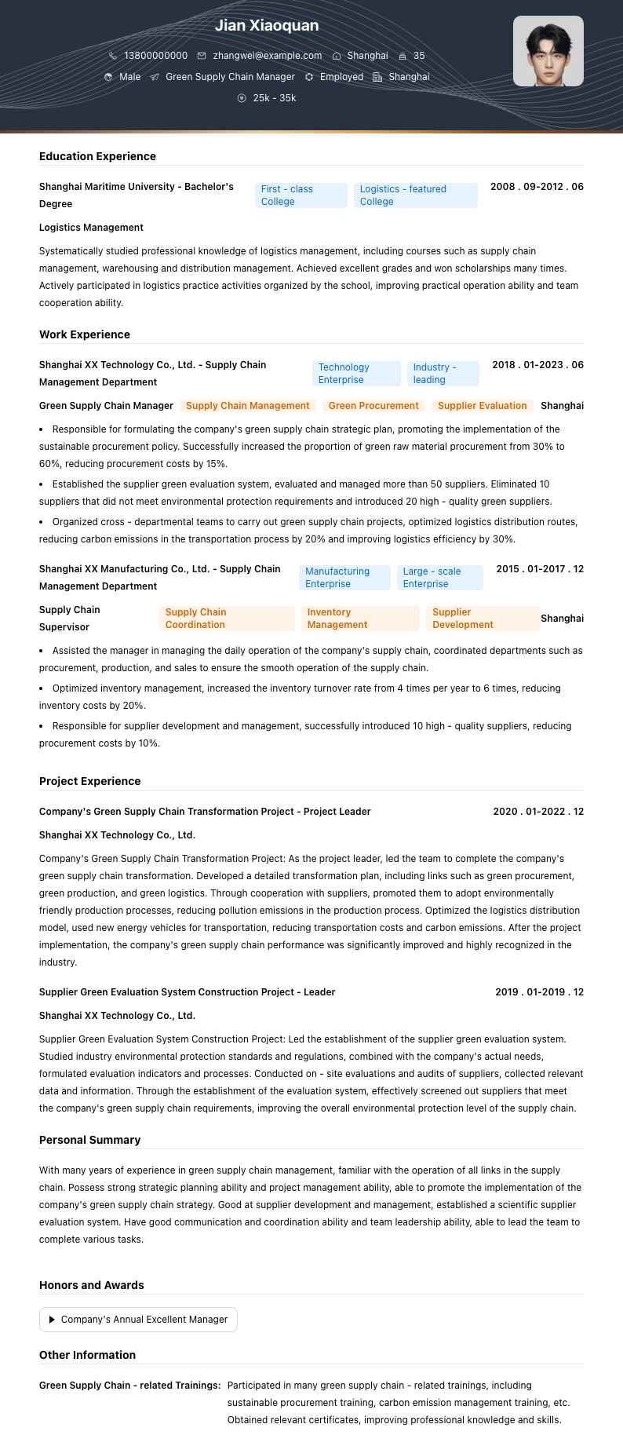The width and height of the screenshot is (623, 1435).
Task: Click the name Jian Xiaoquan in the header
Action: tap(267, 26)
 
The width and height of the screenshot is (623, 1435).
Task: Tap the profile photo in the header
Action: tap(548, 51)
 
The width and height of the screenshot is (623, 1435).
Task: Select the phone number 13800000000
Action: tap(155, 56)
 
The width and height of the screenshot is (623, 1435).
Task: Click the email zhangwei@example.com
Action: tap(267, 56)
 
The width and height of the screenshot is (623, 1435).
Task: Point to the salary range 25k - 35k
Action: tap(274, 98)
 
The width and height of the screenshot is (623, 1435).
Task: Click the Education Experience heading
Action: tap(97, 156)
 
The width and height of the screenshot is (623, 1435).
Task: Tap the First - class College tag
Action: tap(301, 195)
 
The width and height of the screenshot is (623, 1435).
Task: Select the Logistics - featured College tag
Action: tap(415, 195)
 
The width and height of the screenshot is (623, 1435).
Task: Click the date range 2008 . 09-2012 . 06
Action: tap(537, 187)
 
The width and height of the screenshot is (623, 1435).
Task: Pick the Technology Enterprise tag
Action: tap(355, 374)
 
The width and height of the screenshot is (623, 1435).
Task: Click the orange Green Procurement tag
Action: tap(373, 406)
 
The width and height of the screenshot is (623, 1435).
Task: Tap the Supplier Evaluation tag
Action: tap(482, 406)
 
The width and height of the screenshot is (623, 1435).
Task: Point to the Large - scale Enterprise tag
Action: tap(439, 578)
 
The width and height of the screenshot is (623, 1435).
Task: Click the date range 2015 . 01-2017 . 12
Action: tap(540, 569)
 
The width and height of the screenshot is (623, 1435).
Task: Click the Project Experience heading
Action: tap(89, 781)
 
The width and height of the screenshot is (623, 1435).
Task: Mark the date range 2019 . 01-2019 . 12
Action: tap(539, 992)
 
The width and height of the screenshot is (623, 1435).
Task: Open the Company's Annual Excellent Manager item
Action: tap(138, 1320)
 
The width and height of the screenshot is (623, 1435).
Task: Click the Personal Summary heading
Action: tap(89, 1140)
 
